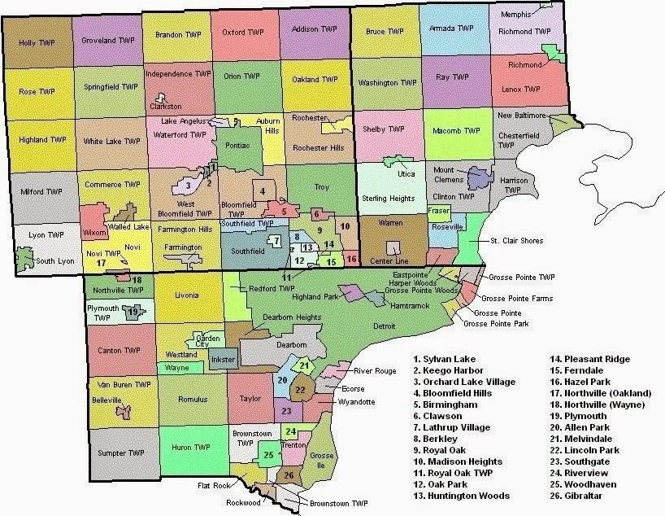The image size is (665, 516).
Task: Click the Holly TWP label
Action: click(36, 42)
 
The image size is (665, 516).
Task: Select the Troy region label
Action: click(322, 187)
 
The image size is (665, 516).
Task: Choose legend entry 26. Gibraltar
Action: click(579, 495)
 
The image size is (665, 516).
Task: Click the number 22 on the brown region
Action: click(299, 391)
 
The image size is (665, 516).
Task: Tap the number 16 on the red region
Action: click(351, 259)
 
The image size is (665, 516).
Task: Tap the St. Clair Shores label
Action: click(515, 241)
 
